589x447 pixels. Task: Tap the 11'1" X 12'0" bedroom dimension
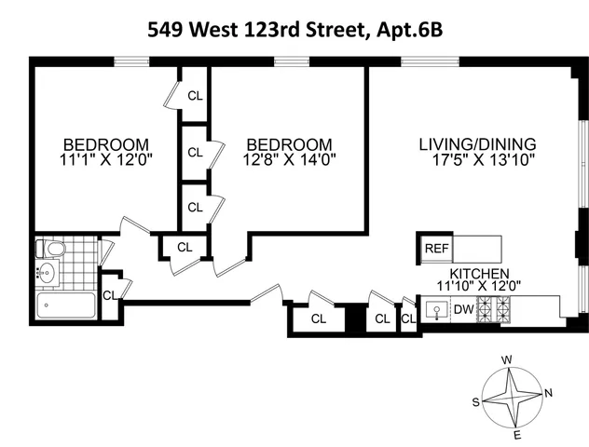click(x=106, y=159)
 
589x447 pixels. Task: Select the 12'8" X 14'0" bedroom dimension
click(x=289, y=159)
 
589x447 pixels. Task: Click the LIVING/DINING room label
click(x=477, y=144)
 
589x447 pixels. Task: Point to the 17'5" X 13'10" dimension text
click(x=477, y=159)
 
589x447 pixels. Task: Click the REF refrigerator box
click(x=436, y=249)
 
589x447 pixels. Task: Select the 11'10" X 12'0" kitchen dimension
click(x=486, y=287)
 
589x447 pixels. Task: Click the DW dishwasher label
click(x=463, y=310)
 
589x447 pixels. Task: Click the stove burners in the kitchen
click(x=494, y=310)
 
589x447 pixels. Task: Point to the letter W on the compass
click(x=507, y=359)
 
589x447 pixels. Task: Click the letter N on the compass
click(x=549, y=392)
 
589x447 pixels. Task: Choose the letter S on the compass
click(x=475, y=402)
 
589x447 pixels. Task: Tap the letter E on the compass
click(x=517, y=435)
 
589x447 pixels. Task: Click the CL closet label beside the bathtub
click(x=109, y=295)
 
